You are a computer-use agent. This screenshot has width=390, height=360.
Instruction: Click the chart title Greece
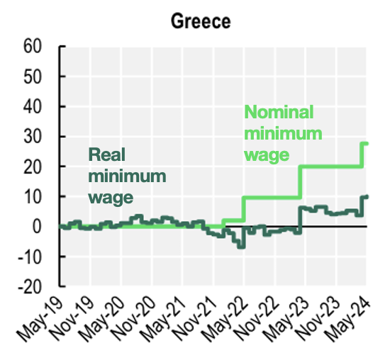coord(201,21)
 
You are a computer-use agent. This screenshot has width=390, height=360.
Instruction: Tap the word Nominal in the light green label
coord(279,113)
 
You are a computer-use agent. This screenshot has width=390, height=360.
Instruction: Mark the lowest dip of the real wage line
coord(240,246)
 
